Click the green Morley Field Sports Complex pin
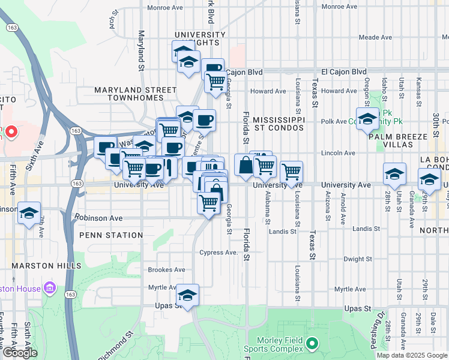(311, 344)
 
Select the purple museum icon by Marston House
(50, 289)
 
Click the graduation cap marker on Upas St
(187, 296)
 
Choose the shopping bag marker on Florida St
(246, 166)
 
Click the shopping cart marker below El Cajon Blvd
(215, 82)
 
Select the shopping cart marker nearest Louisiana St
(291, 173)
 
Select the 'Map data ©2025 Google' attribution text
(412, 355)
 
